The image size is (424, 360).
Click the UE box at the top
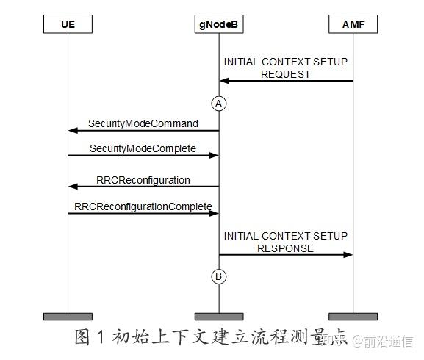tap(68, 25)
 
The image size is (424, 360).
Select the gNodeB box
tap(218, 25)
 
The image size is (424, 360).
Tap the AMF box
tap(353, 25)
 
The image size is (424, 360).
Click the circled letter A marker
tap(218, 104)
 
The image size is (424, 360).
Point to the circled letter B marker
tap(218, 276)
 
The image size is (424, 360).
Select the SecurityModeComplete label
tap(143, 148)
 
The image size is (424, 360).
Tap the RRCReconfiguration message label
tap(143, 179)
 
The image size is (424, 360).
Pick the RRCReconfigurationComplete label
tap(143, 206)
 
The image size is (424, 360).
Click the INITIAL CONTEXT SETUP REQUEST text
tap(285, 68)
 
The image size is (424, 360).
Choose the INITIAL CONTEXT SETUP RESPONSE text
tap(285, 242)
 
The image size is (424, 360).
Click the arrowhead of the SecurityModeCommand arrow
tap(73, 130)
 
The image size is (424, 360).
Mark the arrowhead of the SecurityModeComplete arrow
tap(214, 156)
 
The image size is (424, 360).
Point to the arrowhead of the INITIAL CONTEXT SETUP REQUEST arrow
tap(223, 80)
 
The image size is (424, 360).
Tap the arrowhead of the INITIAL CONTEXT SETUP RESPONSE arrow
tap(348, 255)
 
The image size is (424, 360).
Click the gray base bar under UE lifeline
tap(68, 317)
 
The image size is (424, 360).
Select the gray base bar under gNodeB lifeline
tap(218, 317)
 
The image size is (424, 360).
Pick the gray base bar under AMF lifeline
tap(353, 317)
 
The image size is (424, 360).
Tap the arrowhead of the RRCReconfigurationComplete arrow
tap(214, 213)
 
